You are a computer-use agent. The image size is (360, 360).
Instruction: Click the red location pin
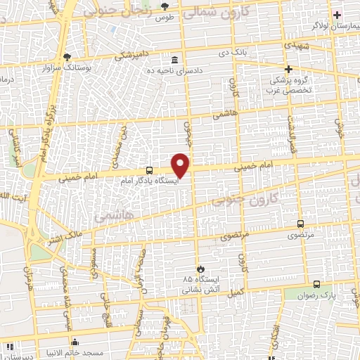(x=181, y=165)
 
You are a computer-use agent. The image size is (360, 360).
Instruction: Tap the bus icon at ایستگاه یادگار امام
(x=149, y=170)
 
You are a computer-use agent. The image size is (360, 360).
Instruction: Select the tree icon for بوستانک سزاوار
(x=67, y=57)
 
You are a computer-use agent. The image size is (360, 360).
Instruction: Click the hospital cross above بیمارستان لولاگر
(x=338, y=15)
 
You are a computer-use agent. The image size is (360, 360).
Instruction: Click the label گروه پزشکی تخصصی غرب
(x=289, y=84)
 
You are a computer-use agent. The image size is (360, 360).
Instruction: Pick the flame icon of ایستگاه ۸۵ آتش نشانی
(x=200, y=269)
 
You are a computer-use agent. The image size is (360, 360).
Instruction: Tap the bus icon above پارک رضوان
(x=317, y=285)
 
